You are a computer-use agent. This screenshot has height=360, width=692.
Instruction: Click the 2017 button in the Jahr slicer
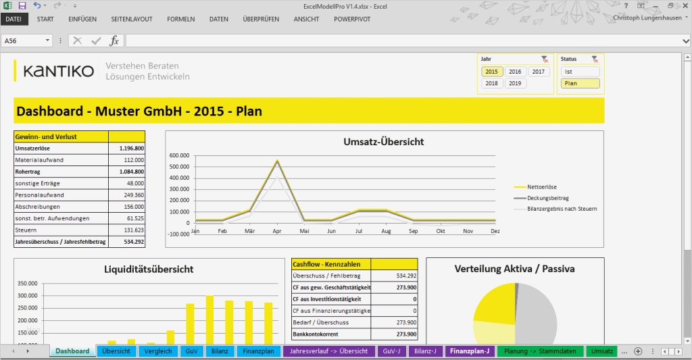click(x=539, y=72)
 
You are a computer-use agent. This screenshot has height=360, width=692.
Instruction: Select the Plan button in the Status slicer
click(x=579, y=84)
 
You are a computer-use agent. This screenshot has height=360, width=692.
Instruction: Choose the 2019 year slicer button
click(x=515, y=84)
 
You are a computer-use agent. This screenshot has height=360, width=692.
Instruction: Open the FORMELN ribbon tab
click(x=180, y=20)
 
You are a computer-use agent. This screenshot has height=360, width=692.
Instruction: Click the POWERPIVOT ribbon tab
click(x=352, y=20)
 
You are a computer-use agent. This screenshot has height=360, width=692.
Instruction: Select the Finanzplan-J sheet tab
click(x=469, y=351)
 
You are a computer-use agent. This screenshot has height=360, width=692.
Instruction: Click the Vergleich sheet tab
click(x=157, y=351)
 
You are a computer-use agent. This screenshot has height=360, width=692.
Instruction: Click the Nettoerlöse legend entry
click(x=543, y=186)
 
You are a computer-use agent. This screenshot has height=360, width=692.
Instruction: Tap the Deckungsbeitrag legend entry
click(x=547, y=198)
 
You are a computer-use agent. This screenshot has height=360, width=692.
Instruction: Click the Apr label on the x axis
click(x=277, y=231)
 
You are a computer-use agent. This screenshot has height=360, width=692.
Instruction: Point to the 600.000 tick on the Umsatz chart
click(x=179, y=155)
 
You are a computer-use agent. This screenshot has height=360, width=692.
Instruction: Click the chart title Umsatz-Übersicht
click(x=384, y=142)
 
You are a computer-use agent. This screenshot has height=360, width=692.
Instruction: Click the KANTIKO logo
click(x=58, y=72)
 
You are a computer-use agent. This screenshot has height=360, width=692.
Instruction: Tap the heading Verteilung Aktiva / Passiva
click(x=514, y=269)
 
